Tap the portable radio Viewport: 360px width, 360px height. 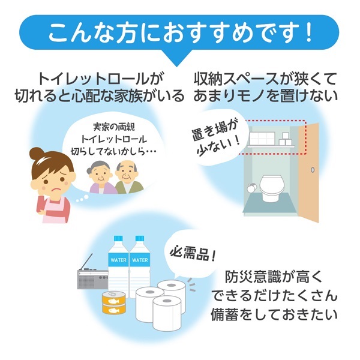click(92, 278)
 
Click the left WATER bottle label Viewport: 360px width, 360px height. click(118, 260)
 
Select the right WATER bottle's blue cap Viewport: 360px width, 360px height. click(140, 238)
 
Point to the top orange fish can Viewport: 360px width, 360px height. click(114, 298)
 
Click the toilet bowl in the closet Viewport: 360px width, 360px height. click(271, 188)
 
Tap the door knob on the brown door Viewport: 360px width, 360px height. click(313, 170)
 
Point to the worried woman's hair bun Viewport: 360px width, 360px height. click(36, 154)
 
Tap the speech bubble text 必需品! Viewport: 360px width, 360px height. click(193, 254)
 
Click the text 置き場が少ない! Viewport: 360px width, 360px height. click(216, 139)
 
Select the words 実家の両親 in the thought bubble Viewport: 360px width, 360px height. click(114, 127)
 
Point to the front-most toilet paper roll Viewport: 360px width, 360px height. click(167, 313)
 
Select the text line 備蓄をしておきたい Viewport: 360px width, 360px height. click(275, 315)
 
